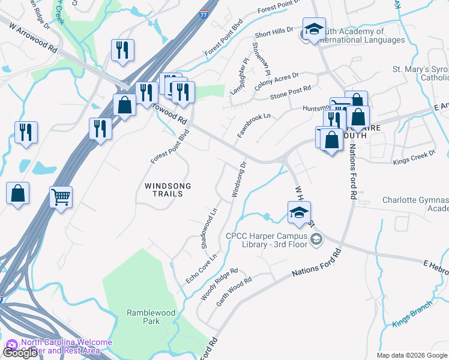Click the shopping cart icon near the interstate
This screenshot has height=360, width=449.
pyautogui.click(x=61, y=196)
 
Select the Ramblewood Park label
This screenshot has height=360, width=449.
pyautogui.click(x=143, y=317)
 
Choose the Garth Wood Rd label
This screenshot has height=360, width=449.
pyautogui.click(x=234, y=292)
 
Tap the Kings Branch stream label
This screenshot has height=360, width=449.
pyautogui.click(x=412, y=318)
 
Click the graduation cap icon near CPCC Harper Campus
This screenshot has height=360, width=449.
pyautogui.click(x=299, y=213)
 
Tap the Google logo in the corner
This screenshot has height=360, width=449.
pyautogui.click(x=20, y=353)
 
